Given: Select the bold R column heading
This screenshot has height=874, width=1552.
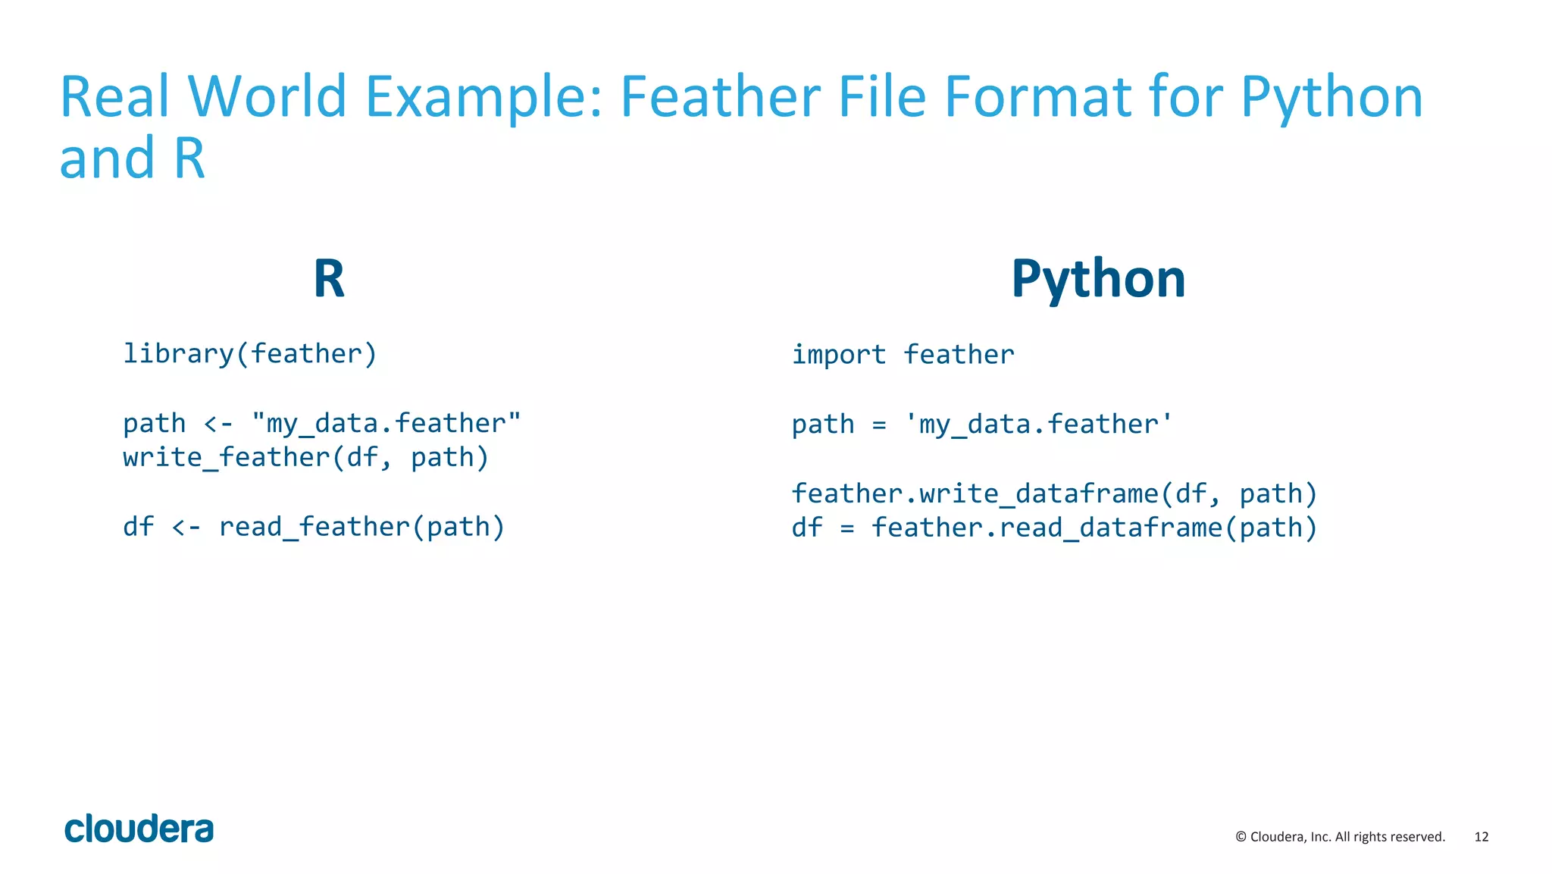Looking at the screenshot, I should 329,279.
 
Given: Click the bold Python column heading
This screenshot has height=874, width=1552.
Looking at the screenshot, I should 1098,279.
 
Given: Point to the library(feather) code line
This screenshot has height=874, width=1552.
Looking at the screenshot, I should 250,354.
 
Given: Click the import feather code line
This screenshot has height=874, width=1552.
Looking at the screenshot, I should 903,355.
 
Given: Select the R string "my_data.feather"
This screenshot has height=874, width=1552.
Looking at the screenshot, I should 386,423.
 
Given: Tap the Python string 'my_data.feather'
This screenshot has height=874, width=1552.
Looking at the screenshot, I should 1038,424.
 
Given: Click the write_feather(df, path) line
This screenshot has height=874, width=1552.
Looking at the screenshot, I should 306,458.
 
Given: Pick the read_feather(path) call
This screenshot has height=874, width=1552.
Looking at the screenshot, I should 361,527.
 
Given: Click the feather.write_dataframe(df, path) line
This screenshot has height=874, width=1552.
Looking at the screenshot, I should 1054,493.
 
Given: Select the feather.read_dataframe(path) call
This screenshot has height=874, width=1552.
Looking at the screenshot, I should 1094,528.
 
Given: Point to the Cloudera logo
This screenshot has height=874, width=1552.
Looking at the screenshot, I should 139,829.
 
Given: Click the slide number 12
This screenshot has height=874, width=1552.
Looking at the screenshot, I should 1481,837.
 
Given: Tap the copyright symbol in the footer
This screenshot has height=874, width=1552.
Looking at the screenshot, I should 1241,837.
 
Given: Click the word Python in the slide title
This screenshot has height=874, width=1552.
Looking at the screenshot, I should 1331,99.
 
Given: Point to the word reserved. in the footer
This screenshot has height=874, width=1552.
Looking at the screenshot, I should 1419,837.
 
